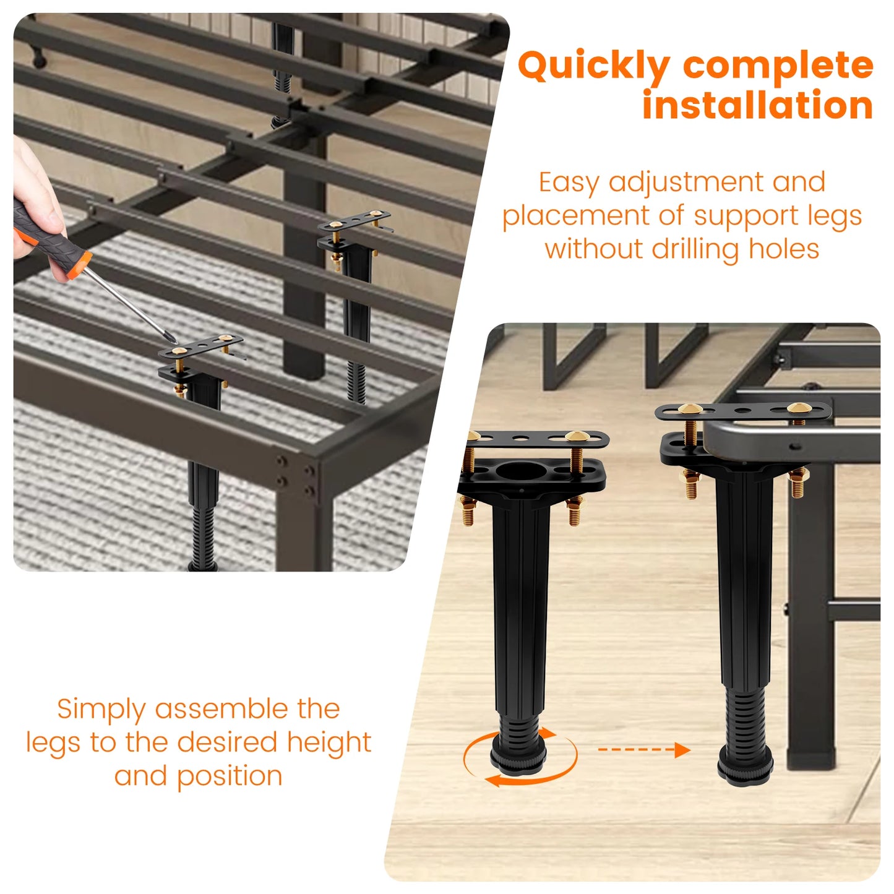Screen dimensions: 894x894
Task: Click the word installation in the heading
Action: pos(757,105)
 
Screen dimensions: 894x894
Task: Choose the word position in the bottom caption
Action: pos(230,776)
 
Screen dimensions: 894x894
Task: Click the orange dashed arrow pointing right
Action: pos(643,750)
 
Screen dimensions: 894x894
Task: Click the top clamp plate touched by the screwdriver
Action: pos(201,346)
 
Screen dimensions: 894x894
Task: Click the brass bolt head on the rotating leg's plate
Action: pos(575,437)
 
